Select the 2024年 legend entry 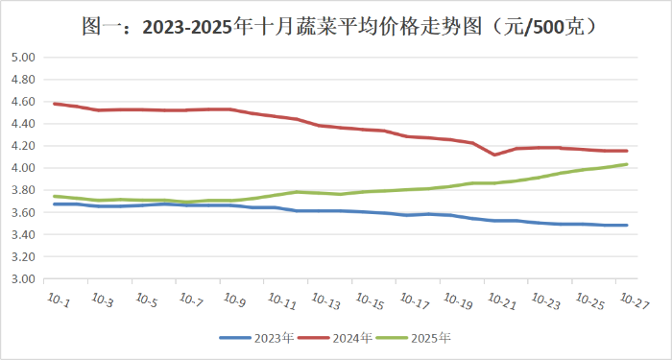pyautogui.click(x=340, y=338)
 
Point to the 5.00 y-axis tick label pyautogui.click(x=22, y=58)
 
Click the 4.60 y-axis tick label pyautogui.click(x=22, y=102)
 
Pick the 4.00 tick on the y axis pyautogui.click(x=22, y=168)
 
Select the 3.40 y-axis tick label pyautogui.click(x=22, y=235)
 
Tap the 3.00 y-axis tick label pyautogui.click(x=22, y=279)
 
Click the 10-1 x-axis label pyautogui.click(x=58, y=300)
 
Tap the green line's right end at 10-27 pyautogui.click(x=627, y=164)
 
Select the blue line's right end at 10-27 pyautogui.click(x=627, y=226)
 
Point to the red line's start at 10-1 pyautogui.click(x=55, y=104)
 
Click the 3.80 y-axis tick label pyautogui.click(x=22, y=190)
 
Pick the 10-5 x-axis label pyautogui.click(x=146, y=300)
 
